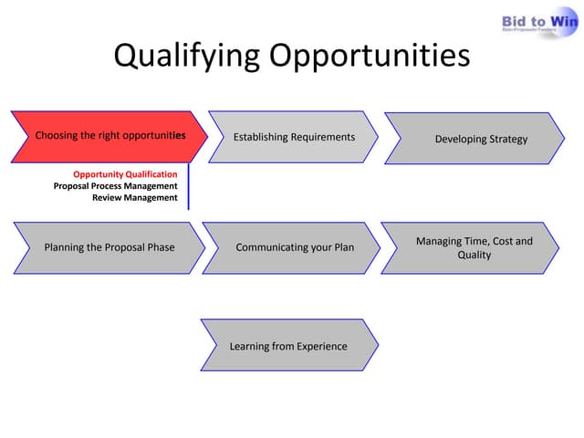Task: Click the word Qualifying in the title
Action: click(x=185, y=57)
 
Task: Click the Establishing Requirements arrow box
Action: click(x=294, y=137)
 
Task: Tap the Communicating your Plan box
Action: click(x=294, y=247)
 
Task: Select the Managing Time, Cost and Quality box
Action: click(x=474, y=247)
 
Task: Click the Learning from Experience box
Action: click(x=288, y=346)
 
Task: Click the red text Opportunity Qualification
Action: click(x=125, y=174)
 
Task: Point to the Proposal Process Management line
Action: click(x=116, y=186)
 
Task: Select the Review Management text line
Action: click(x=134, y=198)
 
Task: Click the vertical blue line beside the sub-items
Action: click(x=189, y=186)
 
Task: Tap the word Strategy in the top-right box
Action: click(x=506, y=139)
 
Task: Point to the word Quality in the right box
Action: click(x=474, y=255)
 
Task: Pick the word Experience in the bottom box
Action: click(x=318, y=346)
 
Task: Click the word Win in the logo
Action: click(x=561, y=20)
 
